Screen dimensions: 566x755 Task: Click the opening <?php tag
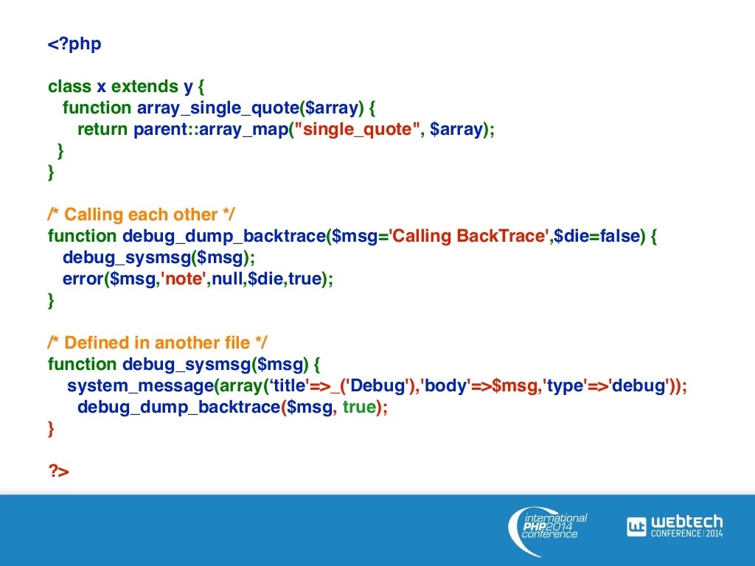click(74, 44)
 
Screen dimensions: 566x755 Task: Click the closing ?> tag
click(59, 471)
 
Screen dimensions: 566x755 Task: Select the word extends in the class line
click(145, 86)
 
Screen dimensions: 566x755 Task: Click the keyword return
click(102, 129)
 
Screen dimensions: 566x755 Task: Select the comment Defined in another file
click(158, 343)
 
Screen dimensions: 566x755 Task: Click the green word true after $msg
click(359, 407)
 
